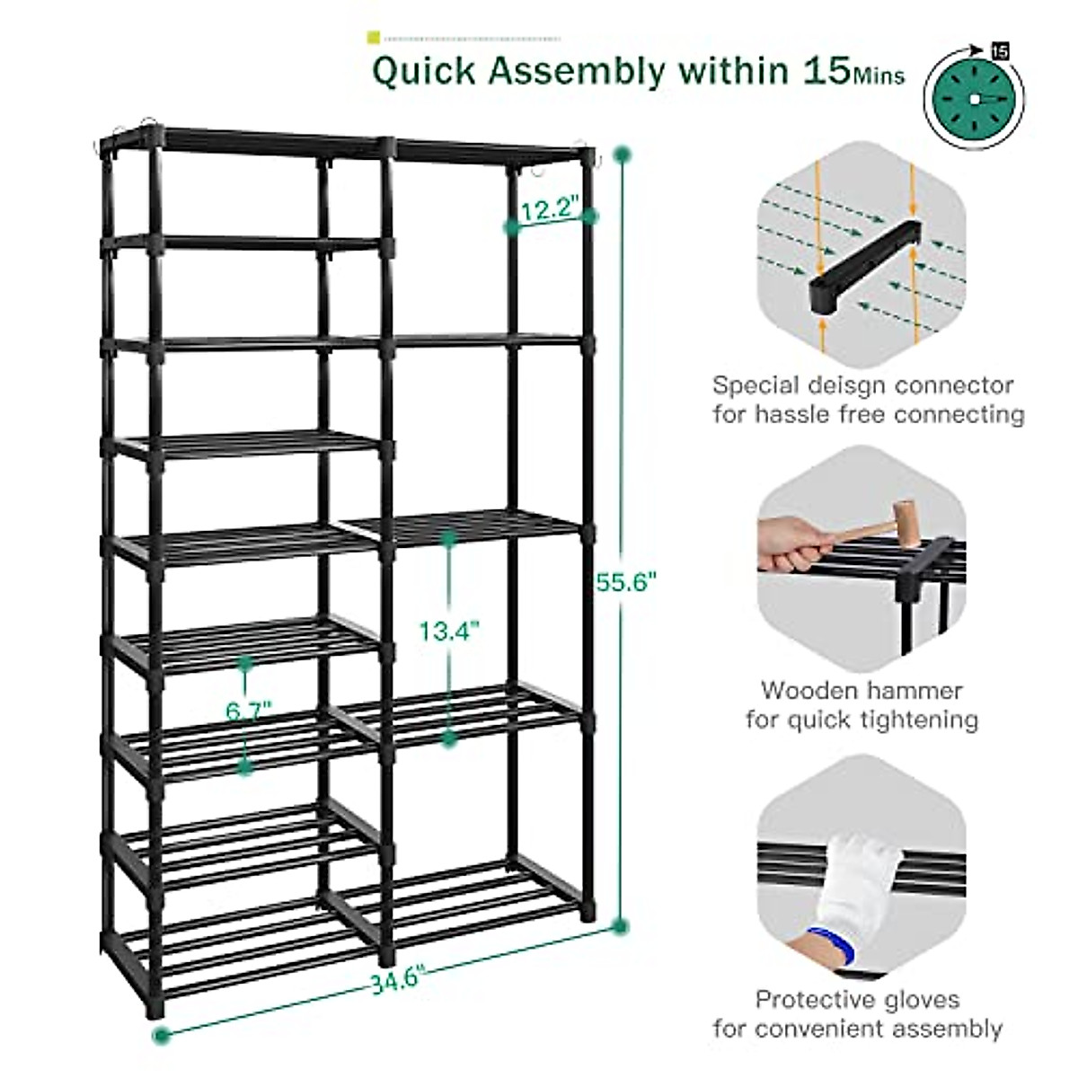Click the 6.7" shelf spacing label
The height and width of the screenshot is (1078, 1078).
click(x=249, y=711)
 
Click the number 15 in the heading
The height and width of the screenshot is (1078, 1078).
click(x=820, y=70)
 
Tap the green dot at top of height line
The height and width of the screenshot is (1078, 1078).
click(x=618, y=155)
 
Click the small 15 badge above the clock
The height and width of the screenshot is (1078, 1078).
click(x=1000, y=50)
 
